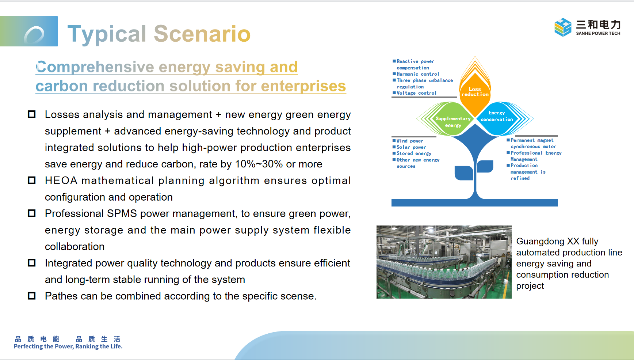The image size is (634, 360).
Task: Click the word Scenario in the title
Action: tap(202, 34)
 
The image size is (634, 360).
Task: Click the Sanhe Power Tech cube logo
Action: tap(563, 27)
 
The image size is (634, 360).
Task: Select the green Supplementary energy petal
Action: tap(446, 119)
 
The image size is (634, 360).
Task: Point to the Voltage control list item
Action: tap(415, 93)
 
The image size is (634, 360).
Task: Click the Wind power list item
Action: tap(408, 141)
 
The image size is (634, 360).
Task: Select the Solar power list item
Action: tap(409, 147)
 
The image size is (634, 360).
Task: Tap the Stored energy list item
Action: tap(412, 154)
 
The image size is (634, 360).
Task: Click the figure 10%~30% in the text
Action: tap(259, 164)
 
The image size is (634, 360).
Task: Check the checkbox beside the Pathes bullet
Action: tap(32, 296)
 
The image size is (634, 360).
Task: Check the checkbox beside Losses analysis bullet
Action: tap(32, 114)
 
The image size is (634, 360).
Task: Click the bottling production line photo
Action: tap(444, 262)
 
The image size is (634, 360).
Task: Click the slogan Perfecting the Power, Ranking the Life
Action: tap(68, 346)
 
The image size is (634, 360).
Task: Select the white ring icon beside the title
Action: tap(34, 35)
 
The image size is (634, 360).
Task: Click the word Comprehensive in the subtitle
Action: tap(95, 67)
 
